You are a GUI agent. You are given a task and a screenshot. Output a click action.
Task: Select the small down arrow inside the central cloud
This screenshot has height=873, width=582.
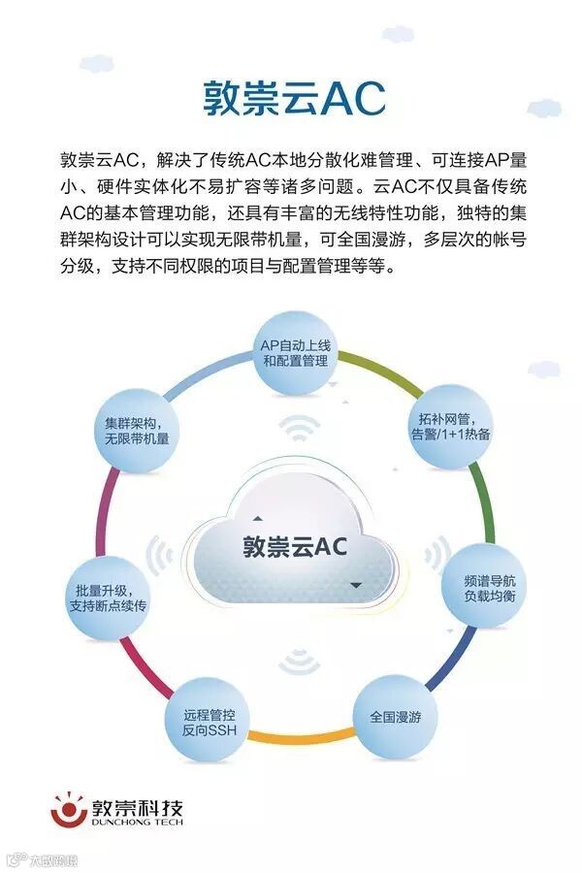[x=356, y=584]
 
